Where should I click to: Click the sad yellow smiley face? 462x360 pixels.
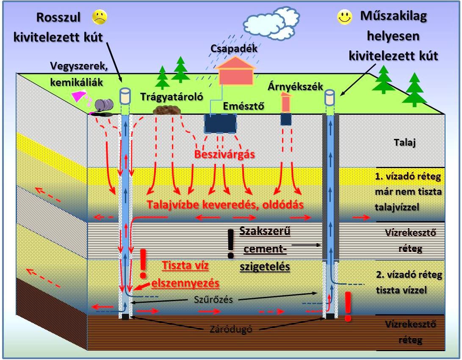pos(99,17)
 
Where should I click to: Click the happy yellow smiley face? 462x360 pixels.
pos(344,17)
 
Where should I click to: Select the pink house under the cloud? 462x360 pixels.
pos(235,71)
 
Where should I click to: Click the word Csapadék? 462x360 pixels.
pos(234,48)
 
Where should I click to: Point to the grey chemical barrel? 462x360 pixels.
pos(104,105)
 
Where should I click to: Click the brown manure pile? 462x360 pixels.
pos(167,110)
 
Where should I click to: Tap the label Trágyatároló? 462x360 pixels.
pos(172,97)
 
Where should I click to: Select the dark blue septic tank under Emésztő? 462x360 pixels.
pos(220,124)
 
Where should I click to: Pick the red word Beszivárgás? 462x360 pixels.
pos(224,154)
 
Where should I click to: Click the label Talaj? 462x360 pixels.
pos(405,143)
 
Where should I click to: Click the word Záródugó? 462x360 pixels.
pos(231,329)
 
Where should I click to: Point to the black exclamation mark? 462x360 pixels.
pos(231,244)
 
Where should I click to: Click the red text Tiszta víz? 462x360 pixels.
pos(185,266)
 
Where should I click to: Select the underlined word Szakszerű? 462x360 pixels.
pos(265,231)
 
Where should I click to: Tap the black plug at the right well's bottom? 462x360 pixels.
pos(330,316)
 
